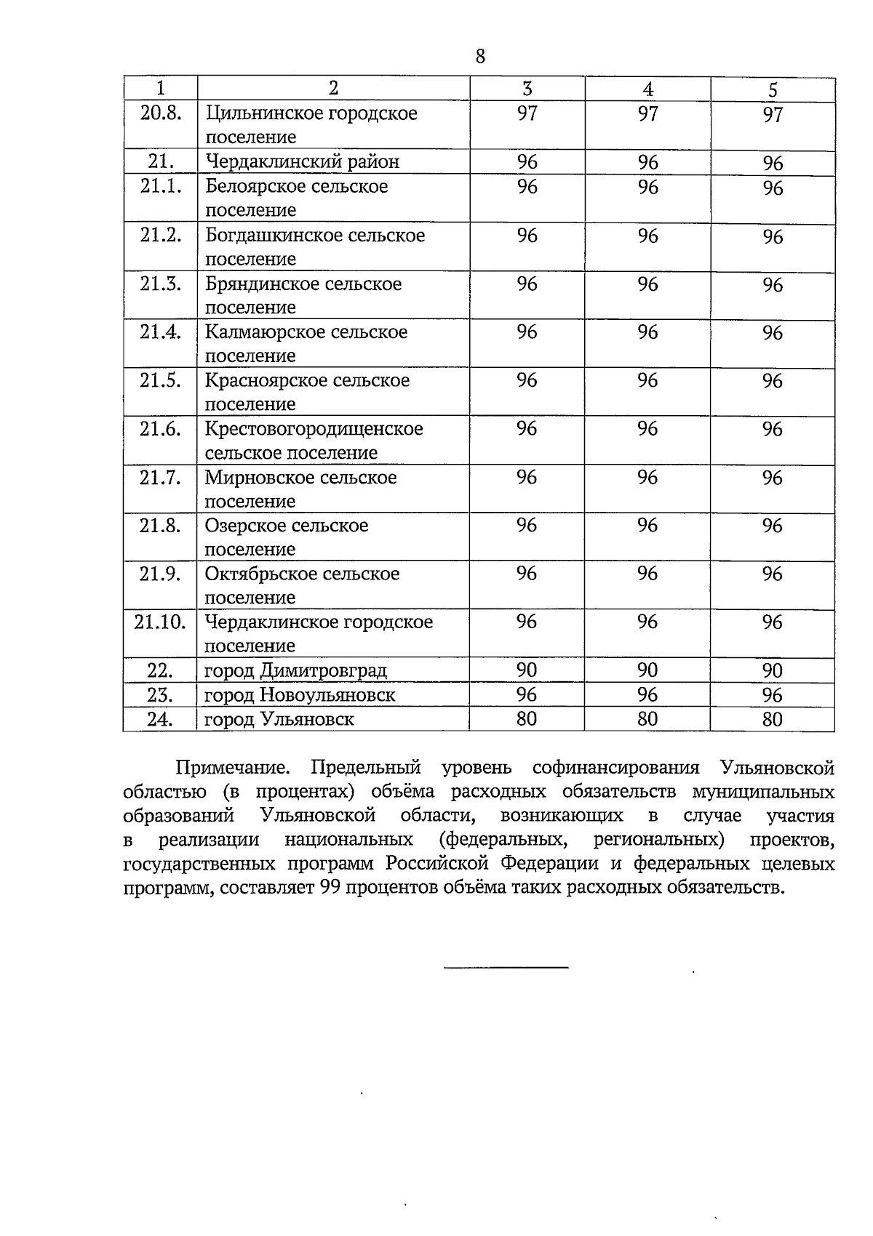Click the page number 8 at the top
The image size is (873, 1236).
[x=480, y=56]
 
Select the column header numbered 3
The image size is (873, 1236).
[x=527, y=89]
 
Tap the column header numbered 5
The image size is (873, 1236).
[x=773, y=89]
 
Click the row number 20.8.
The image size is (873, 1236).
[x=160, y=113]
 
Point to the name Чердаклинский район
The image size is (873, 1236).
[x=302, y=161]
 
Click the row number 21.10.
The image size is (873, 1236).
[x=160, y=622]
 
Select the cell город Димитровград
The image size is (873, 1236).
[x=295, y=670]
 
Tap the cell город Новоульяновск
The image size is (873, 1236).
[x=300, y=695]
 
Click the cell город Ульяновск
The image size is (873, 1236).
[x=279, y=720]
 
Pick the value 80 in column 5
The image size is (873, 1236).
[x=773, y=720]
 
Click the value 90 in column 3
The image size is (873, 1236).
[x=527, y=670]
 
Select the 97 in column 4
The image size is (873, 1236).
[x=647, y=113]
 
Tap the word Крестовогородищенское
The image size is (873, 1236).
[x=314, y=429]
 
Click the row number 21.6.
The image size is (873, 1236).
[x=160, y=429]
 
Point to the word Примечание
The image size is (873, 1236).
[x=233, y=768]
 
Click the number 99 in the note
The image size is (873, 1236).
[x=330, y=888]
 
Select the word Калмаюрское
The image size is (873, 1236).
[x=265, y=332]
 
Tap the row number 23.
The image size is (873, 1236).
[x=160, y=695]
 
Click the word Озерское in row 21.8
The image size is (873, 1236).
[x=244, y=526]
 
